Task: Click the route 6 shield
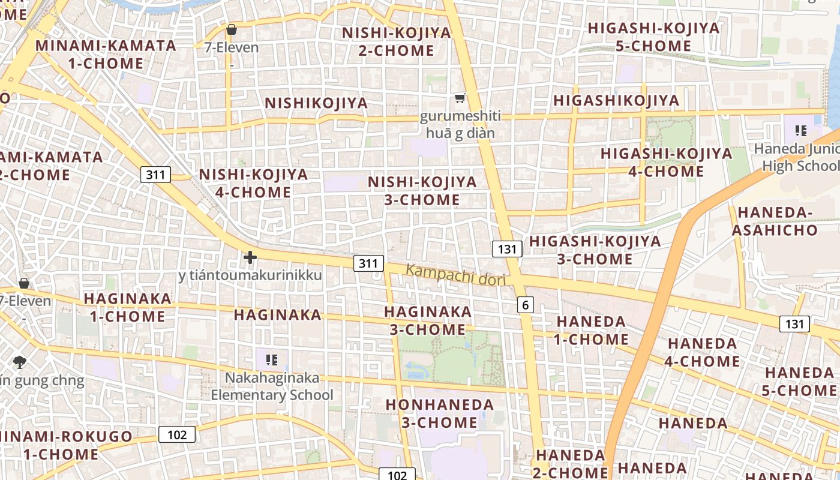coord(526,305)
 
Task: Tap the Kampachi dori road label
coord(456,275)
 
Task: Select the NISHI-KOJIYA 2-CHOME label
coord(396,41)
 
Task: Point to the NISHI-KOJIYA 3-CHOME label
coord(422,190)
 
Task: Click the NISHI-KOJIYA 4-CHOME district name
coord(253,183)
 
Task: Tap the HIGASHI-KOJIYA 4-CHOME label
coord(666,162)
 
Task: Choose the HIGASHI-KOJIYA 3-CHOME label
coord(595,250)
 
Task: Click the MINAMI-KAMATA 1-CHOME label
coord(106,54)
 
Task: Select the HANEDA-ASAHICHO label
coord(778,221)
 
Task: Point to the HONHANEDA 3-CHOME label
coord(440,413)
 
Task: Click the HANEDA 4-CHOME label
coord(703,352)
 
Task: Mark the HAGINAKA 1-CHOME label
coord(127,307)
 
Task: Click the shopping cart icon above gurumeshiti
coord(460,98)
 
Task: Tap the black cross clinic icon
coord(250,257)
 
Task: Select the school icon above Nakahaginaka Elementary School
coord(271,360)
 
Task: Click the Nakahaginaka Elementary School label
coord(272,386)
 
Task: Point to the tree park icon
coord(20,362)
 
